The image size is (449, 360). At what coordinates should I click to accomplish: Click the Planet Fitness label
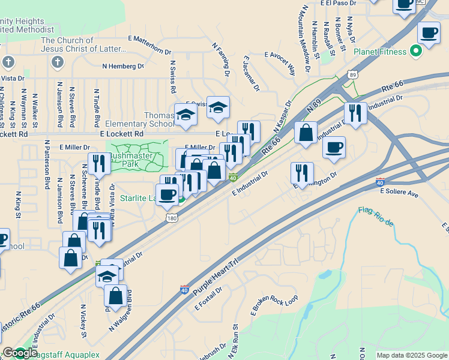pyautogui.click(x=380, y=52)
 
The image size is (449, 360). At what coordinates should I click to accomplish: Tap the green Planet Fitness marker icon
pyautogui.click(x=415, y=52)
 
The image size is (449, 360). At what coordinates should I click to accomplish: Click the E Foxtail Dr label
pyautogui.click(x=208, y=298)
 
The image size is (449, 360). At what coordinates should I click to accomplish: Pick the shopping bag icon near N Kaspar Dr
pyautogui.click(x=306, y=133)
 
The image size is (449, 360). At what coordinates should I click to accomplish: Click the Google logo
pyautogui.click(x=20, y=353)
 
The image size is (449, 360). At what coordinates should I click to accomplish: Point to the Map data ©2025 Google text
pyautogui.click(x=411, y=355)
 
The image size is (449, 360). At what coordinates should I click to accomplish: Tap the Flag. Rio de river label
pyautogui.click(x=376, y=216)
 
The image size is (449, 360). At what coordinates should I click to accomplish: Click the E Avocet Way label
pyautogui.click(x=280, y=62)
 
